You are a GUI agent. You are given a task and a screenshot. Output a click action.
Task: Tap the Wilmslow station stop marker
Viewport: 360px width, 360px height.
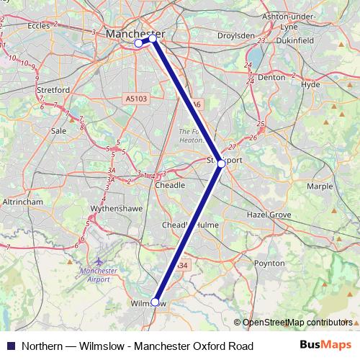[156, 302]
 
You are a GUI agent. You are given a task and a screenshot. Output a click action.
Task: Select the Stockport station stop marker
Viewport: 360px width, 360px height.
[222, 163]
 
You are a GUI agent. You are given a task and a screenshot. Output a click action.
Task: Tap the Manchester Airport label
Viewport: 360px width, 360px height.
[99, 275]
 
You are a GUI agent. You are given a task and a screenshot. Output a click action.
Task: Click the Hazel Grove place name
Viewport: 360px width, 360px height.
[269, 215]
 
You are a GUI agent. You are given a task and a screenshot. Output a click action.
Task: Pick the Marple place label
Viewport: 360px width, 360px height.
[320, 186]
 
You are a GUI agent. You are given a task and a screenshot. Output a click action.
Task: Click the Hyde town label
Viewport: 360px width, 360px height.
[310, 84]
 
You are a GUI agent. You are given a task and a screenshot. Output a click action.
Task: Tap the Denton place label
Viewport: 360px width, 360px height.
[271, 76]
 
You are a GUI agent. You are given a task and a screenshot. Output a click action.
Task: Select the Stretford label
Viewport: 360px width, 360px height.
[53, 90]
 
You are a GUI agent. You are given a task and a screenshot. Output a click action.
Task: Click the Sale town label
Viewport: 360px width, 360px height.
[59, 131]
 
